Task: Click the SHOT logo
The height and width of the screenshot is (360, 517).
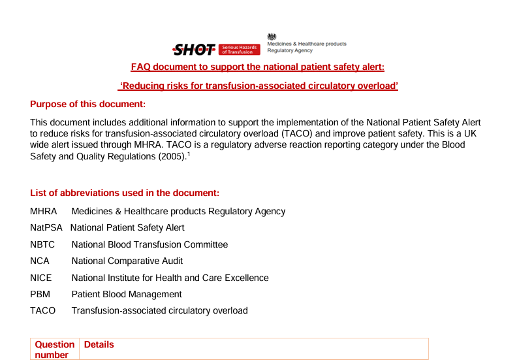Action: [x=193, y=49]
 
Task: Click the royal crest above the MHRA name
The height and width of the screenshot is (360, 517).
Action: [x=272, y=36]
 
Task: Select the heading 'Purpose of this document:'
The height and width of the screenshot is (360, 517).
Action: [x=87, y=105]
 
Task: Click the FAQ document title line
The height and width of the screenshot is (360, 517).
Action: [x=258, y=67]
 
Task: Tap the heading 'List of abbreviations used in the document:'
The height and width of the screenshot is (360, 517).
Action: [x=125, y=193]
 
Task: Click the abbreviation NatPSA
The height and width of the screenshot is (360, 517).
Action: [x=46, y=228]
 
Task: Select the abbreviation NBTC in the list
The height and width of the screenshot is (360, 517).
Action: [x=42, y=244]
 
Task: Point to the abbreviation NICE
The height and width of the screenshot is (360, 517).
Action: [x=41, y=278]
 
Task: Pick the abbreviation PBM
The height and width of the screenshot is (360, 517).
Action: [x=40, y=294]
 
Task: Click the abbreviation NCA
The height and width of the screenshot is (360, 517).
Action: [x=40, y=261]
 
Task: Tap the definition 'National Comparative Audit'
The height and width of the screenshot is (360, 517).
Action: [x=127, y=261]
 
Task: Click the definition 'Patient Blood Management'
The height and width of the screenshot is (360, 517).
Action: [x=127, y=294]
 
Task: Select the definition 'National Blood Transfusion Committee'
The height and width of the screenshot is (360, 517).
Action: [x=149, y=244]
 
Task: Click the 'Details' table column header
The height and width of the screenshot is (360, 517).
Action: [x=99, y=344]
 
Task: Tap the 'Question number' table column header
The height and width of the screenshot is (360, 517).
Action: [x=55, y=350]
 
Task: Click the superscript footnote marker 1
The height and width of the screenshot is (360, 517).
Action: [x=188, y=154]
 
